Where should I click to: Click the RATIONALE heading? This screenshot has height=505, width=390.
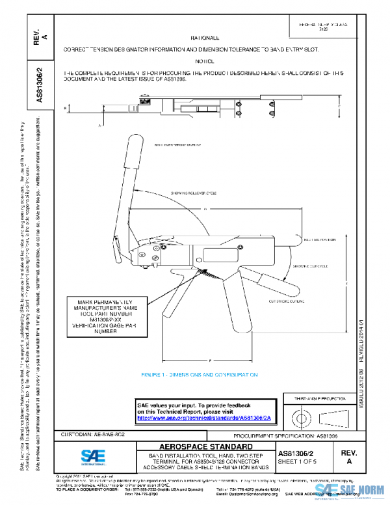click(209, 39)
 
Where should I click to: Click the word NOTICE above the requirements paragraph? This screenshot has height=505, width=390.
click(209, 61)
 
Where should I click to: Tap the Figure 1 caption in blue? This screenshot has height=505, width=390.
click(200, 375)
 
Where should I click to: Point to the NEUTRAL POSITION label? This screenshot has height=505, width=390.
click(318, 239)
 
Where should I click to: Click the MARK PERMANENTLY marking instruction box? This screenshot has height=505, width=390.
click(105, 316)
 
